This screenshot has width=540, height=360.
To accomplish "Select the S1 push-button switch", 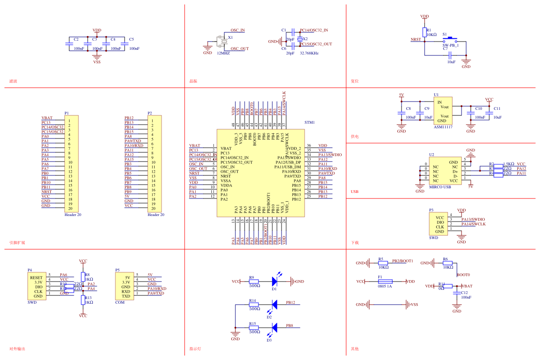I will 450,40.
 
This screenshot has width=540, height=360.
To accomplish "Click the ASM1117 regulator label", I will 443,126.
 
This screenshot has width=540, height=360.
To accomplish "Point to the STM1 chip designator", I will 310,122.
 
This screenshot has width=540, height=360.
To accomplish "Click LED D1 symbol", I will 274,281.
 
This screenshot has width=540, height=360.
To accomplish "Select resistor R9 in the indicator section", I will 254,281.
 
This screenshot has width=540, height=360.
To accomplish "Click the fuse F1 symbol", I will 385,281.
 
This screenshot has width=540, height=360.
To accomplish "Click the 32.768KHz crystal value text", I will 309,53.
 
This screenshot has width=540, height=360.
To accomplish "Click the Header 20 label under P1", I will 73,215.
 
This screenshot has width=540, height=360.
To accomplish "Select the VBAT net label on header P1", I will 47,118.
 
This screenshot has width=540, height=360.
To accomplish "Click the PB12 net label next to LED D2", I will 290,303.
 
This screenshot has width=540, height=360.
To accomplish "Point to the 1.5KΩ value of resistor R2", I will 508,164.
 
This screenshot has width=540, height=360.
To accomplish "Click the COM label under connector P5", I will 120,303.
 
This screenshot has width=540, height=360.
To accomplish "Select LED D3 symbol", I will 274,327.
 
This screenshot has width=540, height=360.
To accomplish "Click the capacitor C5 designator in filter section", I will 132,39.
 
